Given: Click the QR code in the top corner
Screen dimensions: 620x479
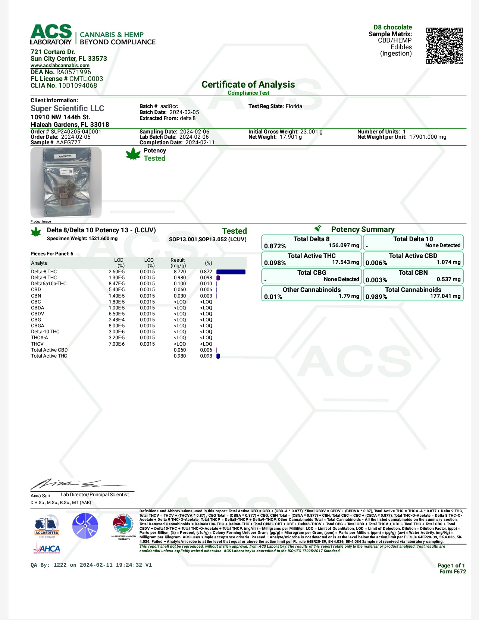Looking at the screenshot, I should [444, 45].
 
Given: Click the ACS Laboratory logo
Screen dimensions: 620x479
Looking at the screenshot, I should [51, 35].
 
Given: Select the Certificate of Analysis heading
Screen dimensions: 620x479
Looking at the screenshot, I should [248, 85].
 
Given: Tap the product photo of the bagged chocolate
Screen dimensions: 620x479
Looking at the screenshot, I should [66, 182].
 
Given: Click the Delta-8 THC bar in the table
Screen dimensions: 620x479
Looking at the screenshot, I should [231, 272].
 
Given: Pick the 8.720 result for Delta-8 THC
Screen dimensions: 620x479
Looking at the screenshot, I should [180, 272].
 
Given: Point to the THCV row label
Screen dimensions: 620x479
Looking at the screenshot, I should [37, 344].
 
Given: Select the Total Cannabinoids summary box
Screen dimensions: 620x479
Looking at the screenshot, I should [413, 293].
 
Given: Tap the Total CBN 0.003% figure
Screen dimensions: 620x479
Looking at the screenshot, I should [376, 280].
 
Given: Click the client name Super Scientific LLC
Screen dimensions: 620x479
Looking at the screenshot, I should [68, 108].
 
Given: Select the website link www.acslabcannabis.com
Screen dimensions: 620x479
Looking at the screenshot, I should [60, 66].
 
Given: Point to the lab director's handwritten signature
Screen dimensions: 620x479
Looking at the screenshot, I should [75, 484].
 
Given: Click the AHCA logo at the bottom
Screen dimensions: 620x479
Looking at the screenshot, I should [47, 548].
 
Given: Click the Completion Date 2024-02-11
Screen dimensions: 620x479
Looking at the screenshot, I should [200, 142].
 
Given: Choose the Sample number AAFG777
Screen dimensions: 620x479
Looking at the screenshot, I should [68, 142].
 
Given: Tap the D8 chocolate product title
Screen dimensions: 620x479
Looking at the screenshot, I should [392, 27].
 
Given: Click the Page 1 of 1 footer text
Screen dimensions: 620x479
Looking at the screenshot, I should [451, 566].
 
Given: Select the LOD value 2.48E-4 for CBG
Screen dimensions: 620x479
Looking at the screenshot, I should [116, 320].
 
